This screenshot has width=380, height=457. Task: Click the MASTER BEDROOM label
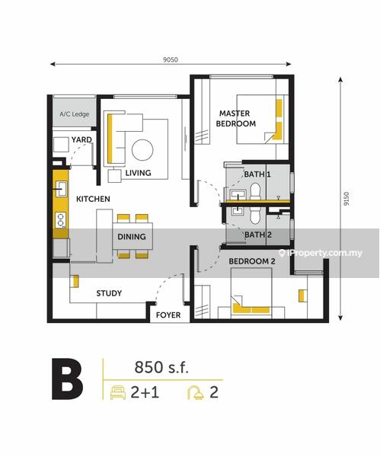[x=236, y=118]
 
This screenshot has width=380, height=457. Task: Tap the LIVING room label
[x=138, y=173]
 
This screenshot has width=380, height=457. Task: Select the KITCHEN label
[x=93, y=199]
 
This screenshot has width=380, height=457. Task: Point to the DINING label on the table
[x=132, y=236]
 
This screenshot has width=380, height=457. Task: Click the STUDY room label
[x=109, y=293]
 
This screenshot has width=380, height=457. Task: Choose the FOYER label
[x=168, y=315]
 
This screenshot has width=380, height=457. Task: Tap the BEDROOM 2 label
[x=252, y=261]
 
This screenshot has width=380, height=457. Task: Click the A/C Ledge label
[x=75, y=114]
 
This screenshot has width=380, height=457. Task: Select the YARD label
[x=81, y=139]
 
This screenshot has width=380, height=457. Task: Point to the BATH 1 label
[x=257, y=174]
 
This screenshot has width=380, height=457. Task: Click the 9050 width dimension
[x=171, y=59]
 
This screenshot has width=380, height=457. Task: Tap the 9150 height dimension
[x=346, y=199]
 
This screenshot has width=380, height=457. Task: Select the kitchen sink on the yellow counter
[x=61, y=189]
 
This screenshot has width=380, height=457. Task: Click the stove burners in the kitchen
[x=61, y=220]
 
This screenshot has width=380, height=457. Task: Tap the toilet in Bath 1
[x=255, y=191]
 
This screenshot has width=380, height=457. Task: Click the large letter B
[x=67, y=379]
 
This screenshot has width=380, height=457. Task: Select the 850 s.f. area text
[x=161, y=367]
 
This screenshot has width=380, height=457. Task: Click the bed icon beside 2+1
[x=118, y=392]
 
